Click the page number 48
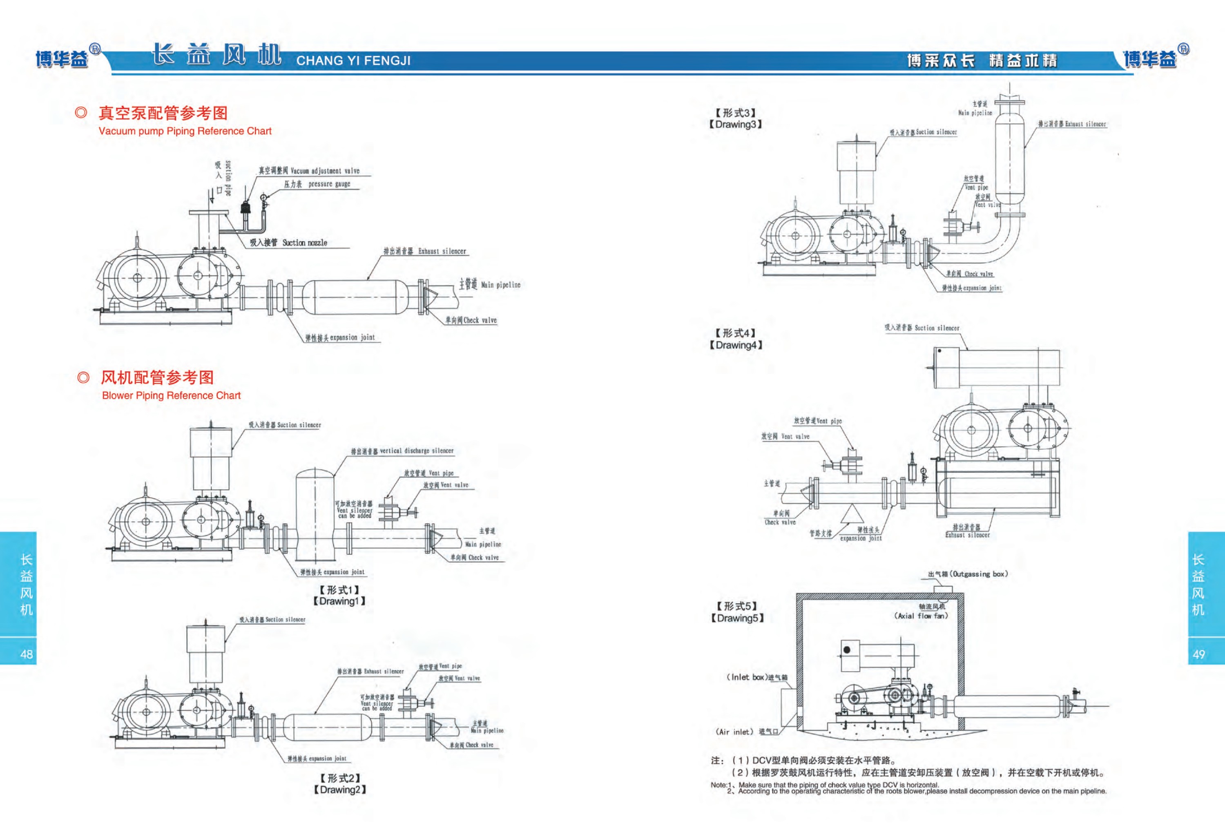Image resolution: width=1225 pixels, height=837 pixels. click(27, 654)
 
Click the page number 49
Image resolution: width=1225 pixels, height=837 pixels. click(1198, 654)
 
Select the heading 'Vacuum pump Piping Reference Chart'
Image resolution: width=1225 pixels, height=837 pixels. click(185, 131)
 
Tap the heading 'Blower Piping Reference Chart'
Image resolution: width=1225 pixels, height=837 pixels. click(171, 395)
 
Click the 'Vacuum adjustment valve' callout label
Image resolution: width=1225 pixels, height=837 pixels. click(325, 171)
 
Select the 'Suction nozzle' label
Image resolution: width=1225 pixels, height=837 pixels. click(304, 243)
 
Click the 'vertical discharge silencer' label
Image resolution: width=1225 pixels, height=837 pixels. click(416, 451)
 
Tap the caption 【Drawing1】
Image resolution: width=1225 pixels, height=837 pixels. click(339, 601)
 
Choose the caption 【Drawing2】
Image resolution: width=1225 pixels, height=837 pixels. click(339, 790)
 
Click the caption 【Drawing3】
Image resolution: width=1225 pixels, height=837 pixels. click(735, 125)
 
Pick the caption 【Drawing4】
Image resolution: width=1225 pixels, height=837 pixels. click(736, 345)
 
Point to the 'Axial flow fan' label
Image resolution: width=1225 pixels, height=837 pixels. click(921, 616)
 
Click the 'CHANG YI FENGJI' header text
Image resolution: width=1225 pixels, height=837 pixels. click(353, 60)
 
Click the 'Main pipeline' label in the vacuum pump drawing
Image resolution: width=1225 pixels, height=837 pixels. click(500, 285)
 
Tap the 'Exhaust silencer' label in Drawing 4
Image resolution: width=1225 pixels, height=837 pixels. click(967, 535)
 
